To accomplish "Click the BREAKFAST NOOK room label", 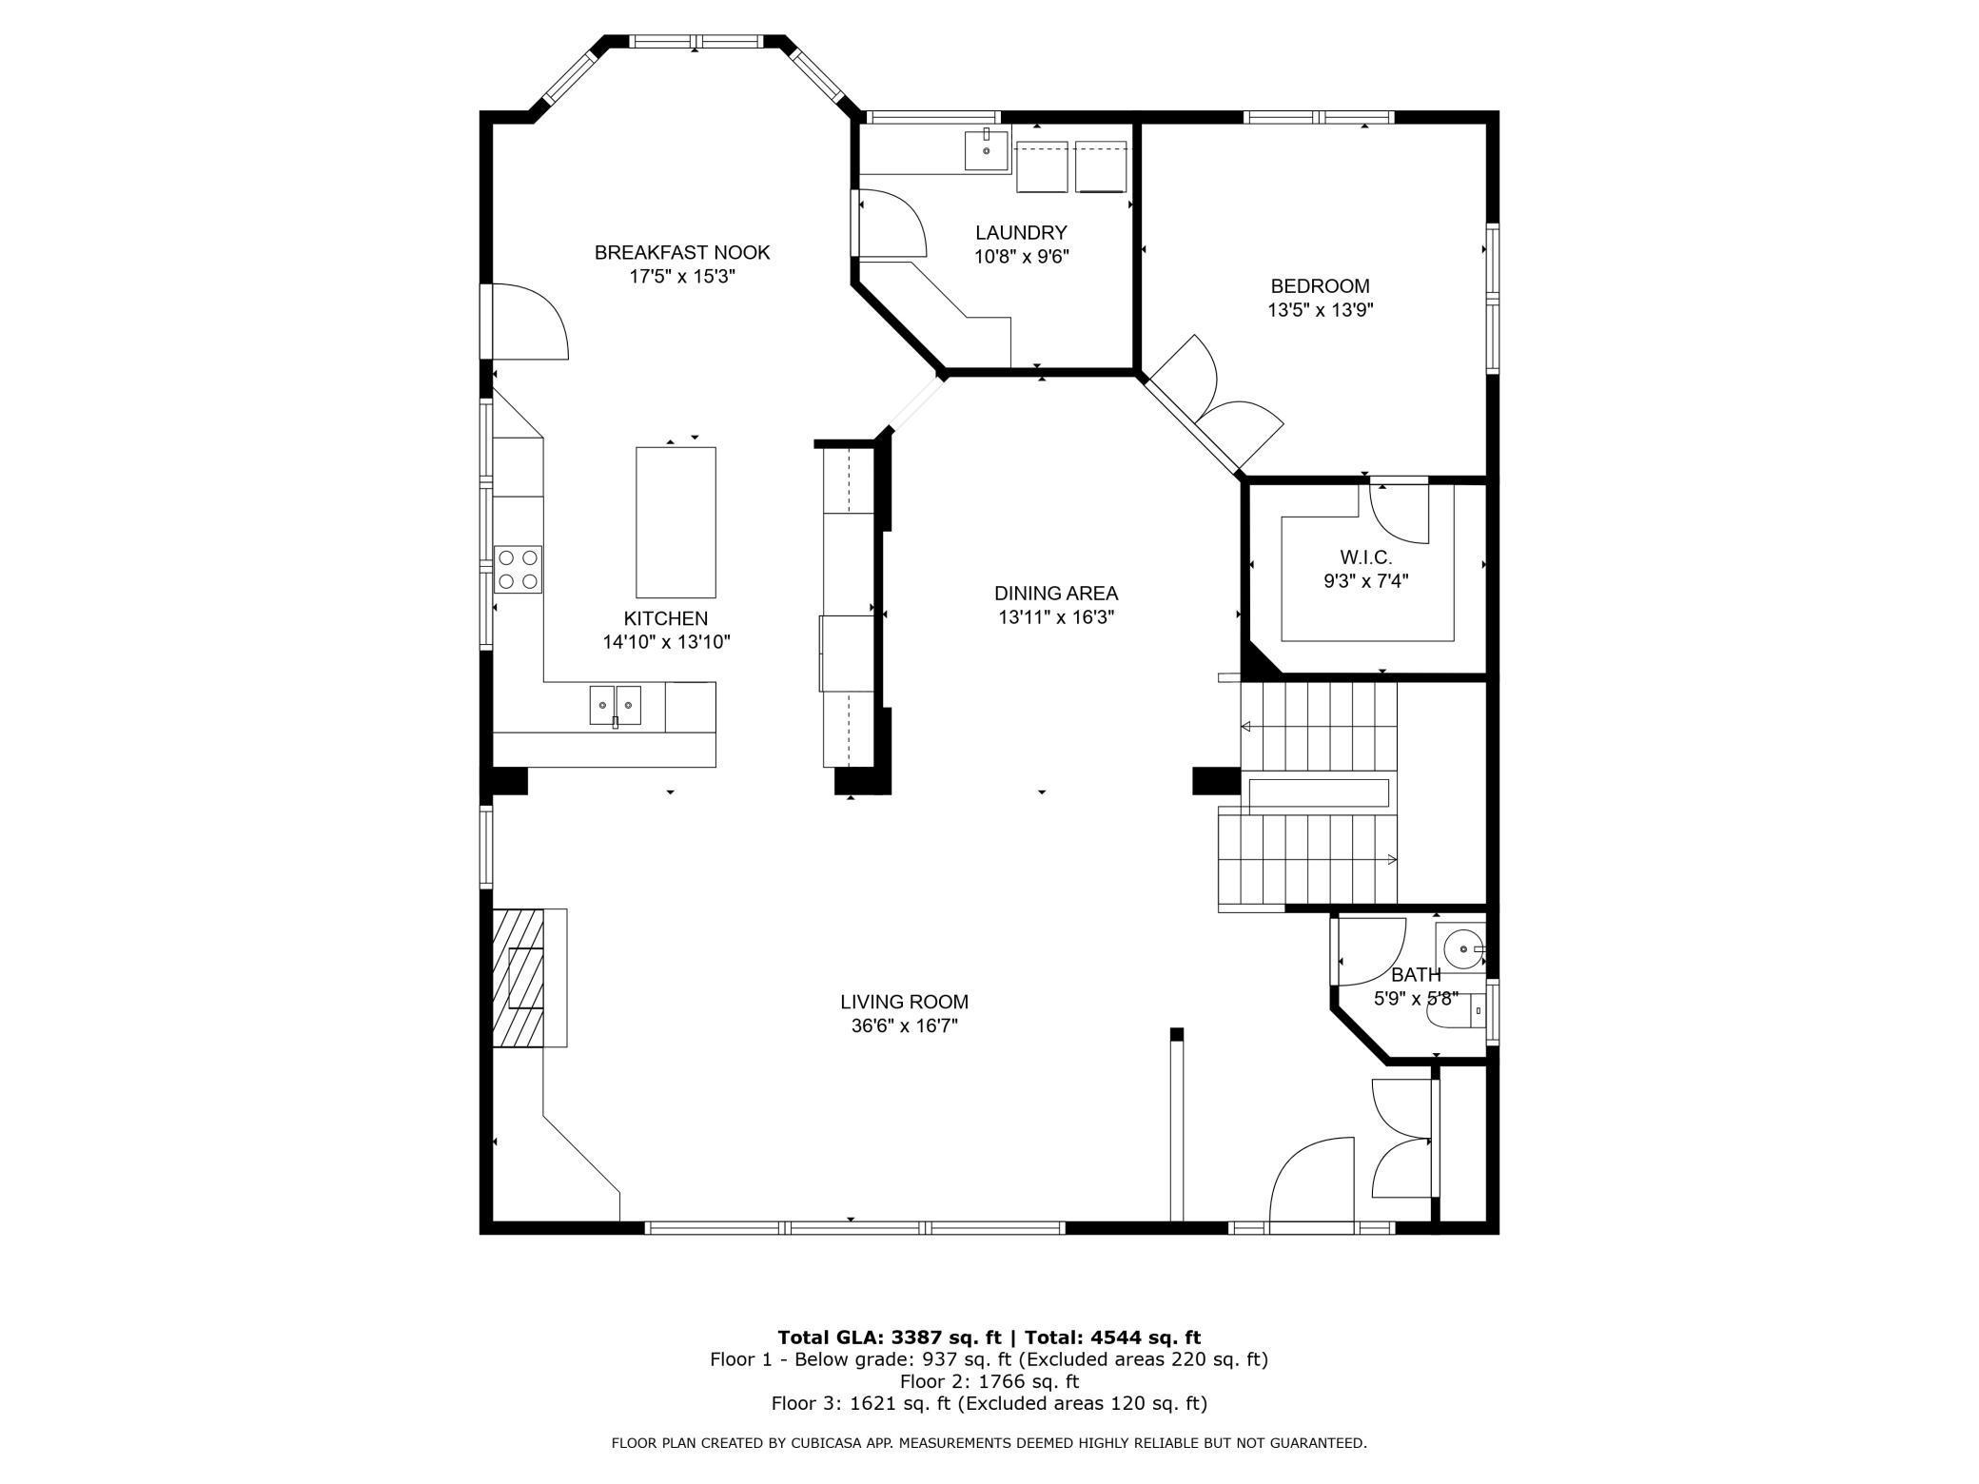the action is click(682, 252).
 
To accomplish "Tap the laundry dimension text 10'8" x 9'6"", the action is click(1022, 257).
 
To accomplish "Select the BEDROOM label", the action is click(1321, 285).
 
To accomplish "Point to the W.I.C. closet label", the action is click(1365, 557).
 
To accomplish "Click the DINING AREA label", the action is click(1056, 593).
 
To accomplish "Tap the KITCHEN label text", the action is click(666, 618).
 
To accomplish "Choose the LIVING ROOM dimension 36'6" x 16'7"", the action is click(905, 1025).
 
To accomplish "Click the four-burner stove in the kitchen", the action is click(518, 570).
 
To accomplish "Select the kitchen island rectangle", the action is click(676, 522).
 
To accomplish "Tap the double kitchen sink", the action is click(615, 705).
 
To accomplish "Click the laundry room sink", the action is click(987, 149).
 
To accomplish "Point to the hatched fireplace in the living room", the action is click(519, 978).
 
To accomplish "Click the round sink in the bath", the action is click(1462, 948).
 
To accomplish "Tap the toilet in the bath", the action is click(1456, 1011).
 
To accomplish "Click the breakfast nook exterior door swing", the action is click(529, 322).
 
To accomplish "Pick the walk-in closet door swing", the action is click(1400, 514).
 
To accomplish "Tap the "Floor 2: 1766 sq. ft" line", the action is click(989, 1381).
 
